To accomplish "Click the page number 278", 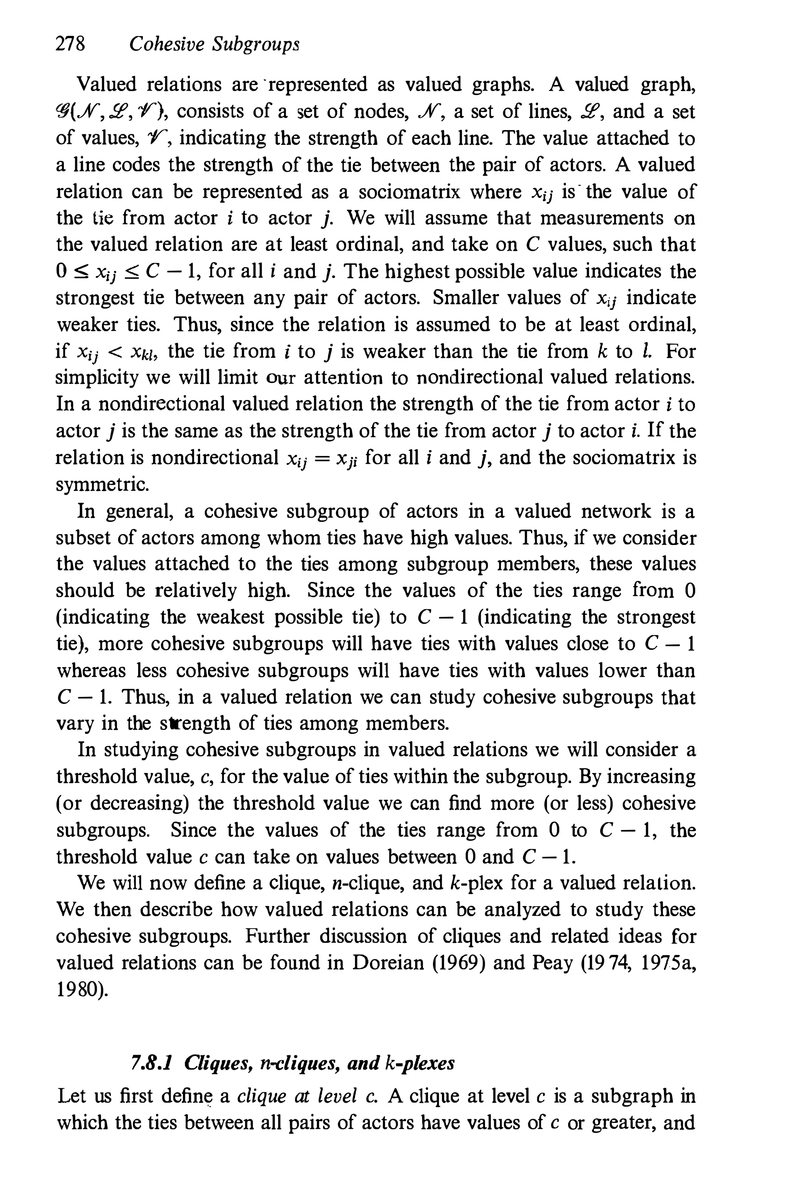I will coord(70,45).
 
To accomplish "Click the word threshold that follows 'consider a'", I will coord(96,776).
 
